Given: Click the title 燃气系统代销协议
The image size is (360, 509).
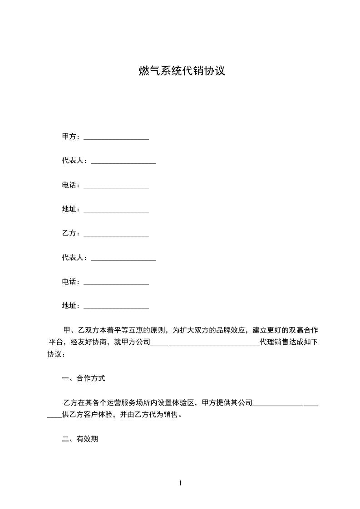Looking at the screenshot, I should click(182, 71).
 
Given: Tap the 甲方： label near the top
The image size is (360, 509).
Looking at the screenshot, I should click(71, 137).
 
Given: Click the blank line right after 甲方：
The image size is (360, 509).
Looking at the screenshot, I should click(116, 137).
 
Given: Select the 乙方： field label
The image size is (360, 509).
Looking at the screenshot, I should click(71, 233).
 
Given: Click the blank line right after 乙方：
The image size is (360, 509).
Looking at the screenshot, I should click(116, 234).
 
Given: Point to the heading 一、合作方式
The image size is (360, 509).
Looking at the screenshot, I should click(84, 378).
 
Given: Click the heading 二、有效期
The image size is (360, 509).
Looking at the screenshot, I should click(80, 439).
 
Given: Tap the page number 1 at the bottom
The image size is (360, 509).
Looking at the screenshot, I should click(180, 483).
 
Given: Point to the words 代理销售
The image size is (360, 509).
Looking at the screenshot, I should click(274, 342).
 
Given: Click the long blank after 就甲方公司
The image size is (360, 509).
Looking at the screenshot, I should click(204, 343).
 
